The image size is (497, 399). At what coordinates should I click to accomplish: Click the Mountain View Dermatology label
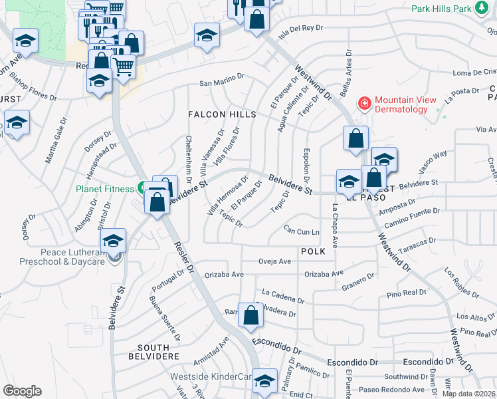coord(405,104)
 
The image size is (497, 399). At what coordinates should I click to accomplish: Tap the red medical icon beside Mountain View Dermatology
coord(364,103)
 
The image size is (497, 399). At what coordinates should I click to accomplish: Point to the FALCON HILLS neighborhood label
coord(223,114)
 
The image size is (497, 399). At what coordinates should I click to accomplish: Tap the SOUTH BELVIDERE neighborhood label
coord(159,352)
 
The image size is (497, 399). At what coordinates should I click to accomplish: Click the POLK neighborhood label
coord(313,251)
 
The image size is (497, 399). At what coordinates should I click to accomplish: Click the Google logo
coord(22,391)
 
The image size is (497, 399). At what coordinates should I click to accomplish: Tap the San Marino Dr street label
coord(222,83)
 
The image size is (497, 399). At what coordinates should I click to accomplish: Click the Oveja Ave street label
coord(275,261)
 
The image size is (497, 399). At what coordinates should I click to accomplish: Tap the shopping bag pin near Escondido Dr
coord(250,317)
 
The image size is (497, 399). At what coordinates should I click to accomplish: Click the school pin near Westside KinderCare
coord(264,381)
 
